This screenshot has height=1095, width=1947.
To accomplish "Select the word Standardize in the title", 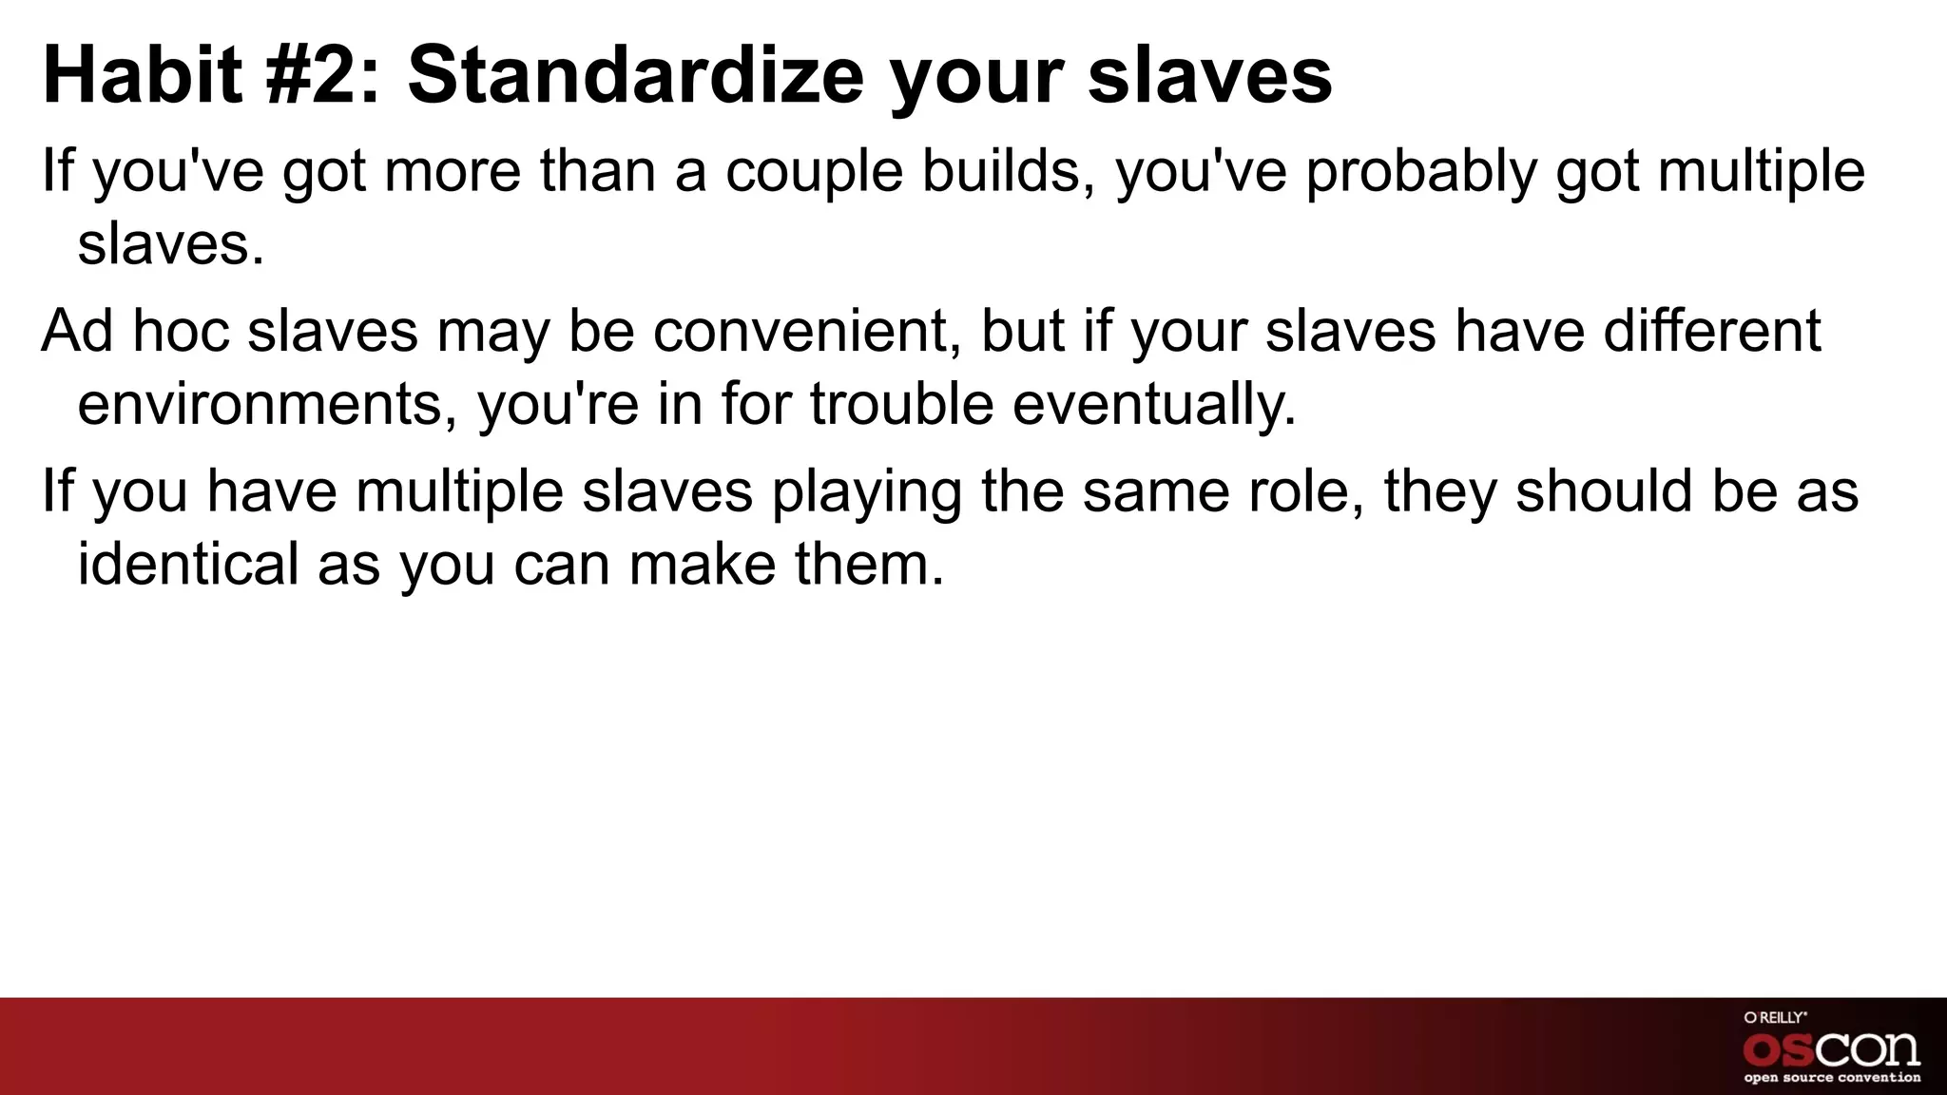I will point(635,76).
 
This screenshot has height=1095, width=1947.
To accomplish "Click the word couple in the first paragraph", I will point(814,173).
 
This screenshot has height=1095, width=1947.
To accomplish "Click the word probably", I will point(1421,173).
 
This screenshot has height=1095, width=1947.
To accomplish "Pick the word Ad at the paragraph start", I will point(77,331).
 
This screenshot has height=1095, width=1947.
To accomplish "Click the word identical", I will point(187,564).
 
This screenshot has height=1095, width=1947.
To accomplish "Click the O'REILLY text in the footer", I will point(1775,1018).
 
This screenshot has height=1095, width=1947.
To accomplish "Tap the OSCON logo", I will point(1831,1048).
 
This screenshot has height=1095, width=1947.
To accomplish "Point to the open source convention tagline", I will point(1831,1078).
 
